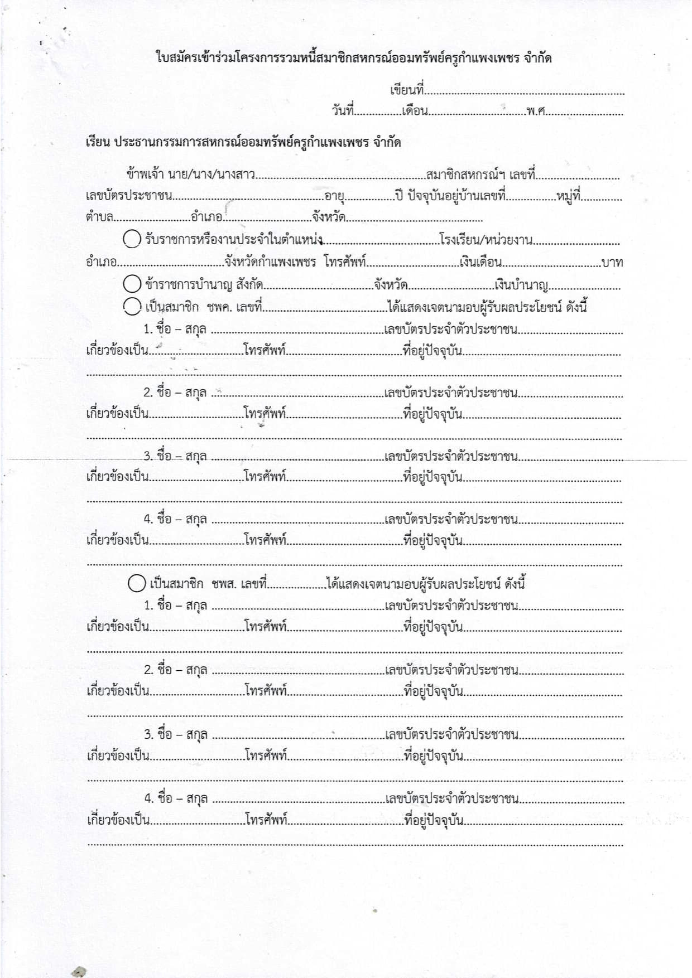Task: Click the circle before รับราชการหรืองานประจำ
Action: tap(132, 239)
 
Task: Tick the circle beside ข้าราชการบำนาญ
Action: tap(132, 284)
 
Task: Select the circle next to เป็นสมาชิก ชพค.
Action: tap(132, 306)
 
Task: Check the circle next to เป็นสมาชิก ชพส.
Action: tap(137, 583)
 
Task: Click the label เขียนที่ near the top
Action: tap(407, 90)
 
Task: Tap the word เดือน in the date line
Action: tap(415, 110)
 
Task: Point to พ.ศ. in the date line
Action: tap(535, 110)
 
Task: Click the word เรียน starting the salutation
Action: tap(98, 142)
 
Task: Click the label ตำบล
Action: tap(99, 217)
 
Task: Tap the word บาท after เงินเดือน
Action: tap(612, 262)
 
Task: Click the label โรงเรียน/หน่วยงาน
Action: tap(486, 240)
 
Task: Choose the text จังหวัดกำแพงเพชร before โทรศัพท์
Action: tap(270, 262)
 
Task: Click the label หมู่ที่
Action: tap(569, 196)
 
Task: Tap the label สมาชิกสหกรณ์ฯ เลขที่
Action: tap(480, 175)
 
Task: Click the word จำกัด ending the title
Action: tap(538, 58)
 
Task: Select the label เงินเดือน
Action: tap(481, 262)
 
